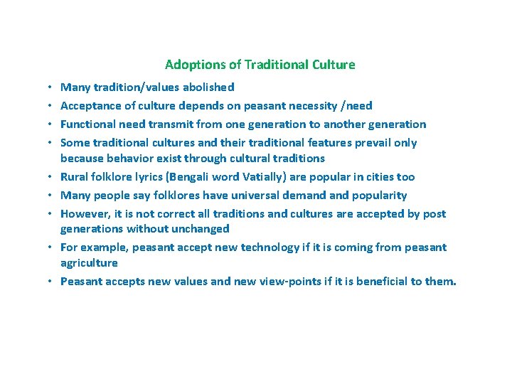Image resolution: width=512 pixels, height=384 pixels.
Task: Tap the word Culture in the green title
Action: [x=334, y=65]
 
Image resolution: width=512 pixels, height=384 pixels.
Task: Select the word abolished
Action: [x=207, y=87]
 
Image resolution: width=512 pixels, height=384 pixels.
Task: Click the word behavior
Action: [x=132, y=158]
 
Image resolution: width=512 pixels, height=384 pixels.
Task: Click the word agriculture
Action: [x=89, y=262]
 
